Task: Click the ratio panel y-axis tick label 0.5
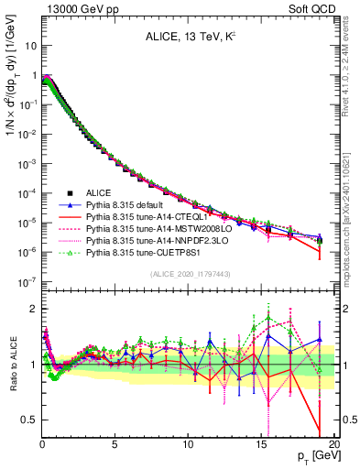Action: [27, 420]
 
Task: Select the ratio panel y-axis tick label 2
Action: [31, 309]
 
